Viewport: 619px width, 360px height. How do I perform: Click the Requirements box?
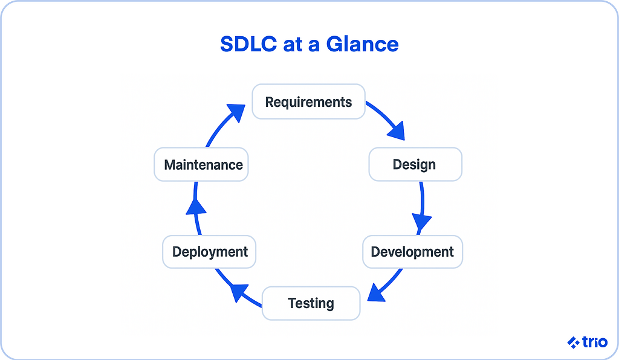[x=308, y=102]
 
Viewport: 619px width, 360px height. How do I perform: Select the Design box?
[x=415, y=164]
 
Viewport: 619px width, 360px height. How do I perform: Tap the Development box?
[x=412, y=252]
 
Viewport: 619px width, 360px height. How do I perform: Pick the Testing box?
[x=311, y=303]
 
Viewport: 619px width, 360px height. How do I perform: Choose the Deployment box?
[x=210, y=252]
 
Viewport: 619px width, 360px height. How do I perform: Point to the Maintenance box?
[x=203, y=164]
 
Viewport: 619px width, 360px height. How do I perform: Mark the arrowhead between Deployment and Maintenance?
[x=195, y=207]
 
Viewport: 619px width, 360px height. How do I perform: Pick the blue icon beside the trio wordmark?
[x=573, y=342]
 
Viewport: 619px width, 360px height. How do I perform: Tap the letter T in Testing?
[x=292, y=303]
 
